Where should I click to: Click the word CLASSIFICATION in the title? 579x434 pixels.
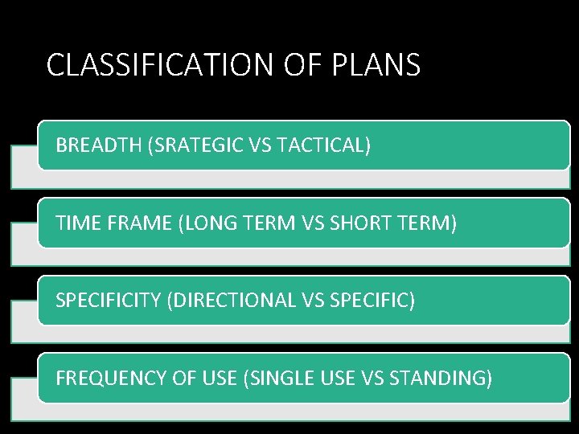pyautogui.click(x=161, y=65)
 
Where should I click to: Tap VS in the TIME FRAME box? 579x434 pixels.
pyautogui.click(x=316, y=223)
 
